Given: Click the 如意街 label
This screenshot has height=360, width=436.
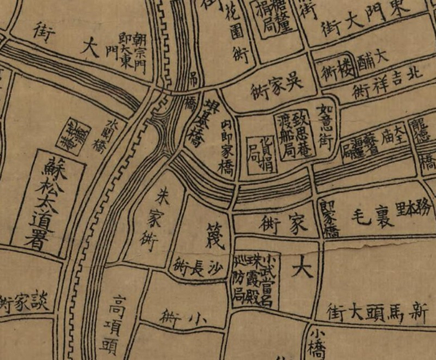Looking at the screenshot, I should [x=326, y=119].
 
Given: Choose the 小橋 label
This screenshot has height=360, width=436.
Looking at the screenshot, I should [x=318, y=342].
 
